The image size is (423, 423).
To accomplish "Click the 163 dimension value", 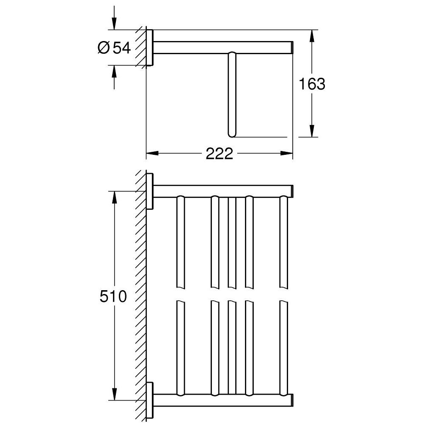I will pos(313,84).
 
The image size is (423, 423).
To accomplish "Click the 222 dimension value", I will pos(220,154).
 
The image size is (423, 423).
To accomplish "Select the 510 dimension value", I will pos(113,296).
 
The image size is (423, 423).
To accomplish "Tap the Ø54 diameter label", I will pos(114,48).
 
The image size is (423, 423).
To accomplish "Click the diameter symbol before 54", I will pos(104,48).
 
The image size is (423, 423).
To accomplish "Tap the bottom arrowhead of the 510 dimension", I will pos(113,394).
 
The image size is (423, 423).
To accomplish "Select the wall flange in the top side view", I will pos(149,48).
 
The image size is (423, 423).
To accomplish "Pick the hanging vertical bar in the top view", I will pos(231,93).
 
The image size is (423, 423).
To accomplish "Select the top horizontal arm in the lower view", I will pos(222,191).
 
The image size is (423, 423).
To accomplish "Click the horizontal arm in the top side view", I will pos(222,47).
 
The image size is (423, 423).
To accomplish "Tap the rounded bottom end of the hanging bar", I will pos(231,134).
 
